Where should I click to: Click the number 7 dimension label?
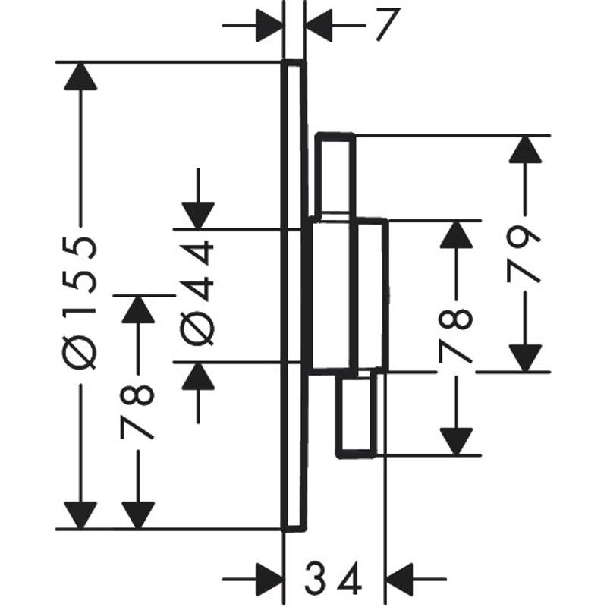(x=385, y=27)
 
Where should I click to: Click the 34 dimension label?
(x=335, y=581)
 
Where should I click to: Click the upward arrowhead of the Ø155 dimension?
(x=80, y=76)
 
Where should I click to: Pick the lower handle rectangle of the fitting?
(x=357, y=416)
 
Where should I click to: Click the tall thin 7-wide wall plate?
(x=294, y=296)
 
